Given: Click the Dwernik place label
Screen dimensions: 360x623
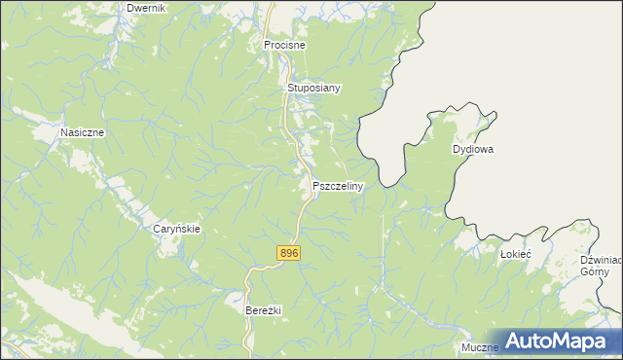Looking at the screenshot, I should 147,8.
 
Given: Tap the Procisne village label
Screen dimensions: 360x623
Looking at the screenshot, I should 285,45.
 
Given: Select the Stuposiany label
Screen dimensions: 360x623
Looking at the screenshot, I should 313,88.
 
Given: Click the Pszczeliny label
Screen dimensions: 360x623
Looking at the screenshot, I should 338,185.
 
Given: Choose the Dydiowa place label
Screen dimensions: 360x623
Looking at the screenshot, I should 474,150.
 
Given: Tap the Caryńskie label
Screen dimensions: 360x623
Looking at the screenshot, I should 177,229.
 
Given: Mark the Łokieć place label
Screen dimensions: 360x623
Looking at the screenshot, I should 515,253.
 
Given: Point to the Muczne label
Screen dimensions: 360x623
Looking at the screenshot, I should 480,347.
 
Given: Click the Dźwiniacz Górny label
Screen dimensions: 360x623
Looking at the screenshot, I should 600,266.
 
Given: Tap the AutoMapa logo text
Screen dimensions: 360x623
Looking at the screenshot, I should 566,341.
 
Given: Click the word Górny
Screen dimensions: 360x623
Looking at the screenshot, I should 595,272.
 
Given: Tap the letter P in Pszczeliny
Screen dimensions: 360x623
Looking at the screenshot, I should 316,185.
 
